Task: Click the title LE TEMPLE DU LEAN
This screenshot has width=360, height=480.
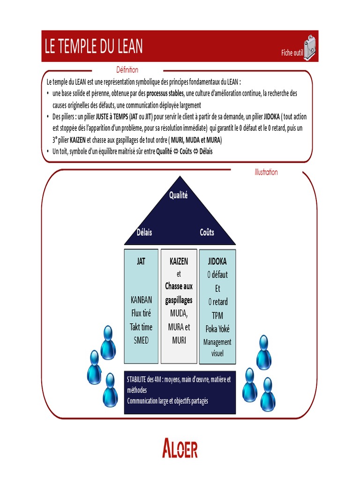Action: coord(94,46)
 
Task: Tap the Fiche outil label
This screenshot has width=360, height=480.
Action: coord(292,53)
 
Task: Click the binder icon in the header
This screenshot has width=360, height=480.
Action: coord(310,47)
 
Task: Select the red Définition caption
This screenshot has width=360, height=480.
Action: coord(127,70)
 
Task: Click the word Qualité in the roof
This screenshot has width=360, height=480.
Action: coord(178,195)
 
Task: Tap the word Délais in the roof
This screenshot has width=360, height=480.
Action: coord(144,232)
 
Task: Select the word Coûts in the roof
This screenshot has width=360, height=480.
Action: coord(207,232)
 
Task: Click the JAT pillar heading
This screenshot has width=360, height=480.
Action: coord(141,262)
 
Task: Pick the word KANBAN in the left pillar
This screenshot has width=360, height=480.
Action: coord(141,300)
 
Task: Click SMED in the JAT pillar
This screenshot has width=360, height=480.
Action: coord(141,341)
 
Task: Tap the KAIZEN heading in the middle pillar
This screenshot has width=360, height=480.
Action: coord(179,262)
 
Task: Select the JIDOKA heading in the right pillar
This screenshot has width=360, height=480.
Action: coord(217,262)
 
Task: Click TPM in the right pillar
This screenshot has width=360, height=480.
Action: coord(217,315)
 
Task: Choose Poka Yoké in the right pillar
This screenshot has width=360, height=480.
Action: coord(217,329)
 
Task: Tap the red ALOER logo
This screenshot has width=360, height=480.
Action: coord(180,449)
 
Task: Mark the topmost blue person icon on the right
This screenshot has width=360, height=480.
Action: coord(263,352)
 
